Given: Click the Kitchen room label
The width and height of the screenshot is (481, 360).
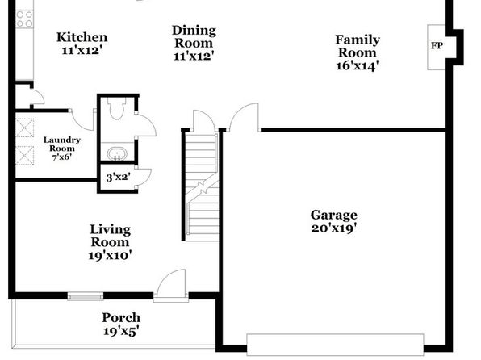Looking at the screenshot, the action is click(82, 37).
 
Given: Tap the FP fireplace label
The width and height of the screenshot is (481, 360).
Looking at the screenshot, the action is click(437, 46).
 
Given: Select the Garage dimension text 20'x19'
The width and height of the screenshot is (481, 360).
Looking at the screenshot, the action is click(334, 228).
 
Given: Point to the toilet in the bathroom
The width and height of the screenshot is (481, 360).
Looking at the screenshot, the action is click(116, 108).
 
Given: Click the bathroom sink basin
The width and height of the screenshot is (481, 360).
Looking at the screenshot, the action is click(117, 153).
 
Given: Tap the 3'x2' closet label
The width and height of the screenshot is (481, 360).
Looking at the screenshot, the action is click(118, 177).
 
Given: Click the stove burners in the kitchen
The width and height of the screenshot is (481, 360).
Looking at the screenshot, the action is click(24, 19).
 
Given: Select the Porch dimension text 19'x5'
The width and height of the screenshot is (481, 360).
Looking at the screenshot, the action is click(121, 331).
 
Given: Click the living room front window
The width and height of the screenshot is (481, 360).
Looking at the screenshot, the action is click(86, 296).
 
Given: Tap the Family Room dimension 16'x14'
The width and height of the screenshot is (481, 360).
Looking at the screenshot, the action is click(358, 65).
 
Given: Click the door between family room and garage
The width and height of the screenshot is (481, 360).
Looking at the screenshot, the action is click(245, 117).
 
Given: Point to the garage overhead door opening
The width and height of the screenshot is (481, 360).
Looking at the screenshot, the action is click(335, 344).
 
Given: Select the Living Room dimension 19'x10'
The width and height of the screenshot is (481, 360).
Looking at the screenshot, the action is click(110, 255).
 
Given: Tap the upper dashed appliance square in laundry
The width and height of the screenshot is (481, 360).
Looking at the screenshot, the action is click(24, 128).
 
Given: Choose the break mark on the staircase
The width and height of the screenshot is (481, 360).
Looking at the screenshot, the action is click(202, 186).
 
